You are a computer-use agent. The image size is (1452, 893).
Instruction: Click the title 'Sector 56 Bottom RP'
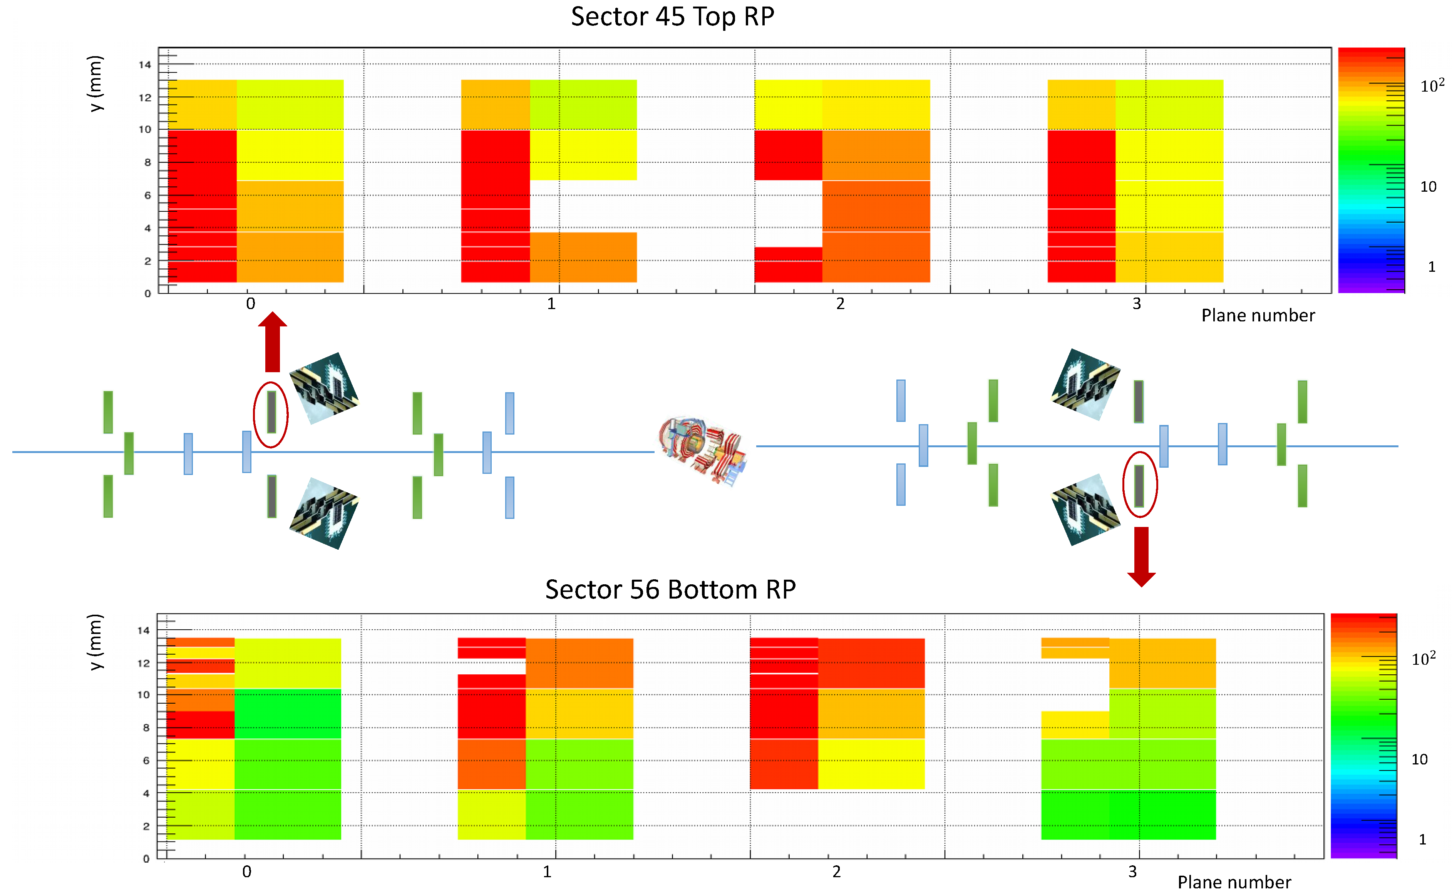[670, 589]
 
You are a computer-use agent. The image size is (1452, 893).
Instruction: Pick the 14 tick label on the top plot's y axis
[145, 65]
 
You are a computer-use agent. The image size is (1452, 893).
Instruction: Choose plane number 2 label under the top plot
[840, 304]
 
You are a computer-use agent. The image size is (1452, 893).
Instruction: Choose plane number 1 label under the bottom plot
[547, 872]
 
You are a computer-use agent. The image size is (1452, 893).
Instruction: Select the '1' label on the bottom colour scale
[1422, 839]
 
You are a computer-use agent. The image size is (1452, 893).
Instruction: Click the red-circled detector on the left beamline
[271, 413]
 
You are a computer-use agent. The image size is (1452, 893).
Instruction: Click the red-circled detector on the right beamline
[1139, 485]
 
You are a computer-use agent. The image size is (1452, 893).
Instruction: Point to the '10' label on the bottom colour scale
[1420, 759]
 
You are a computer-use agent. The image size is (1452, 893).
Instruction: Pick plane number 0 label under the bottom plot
[247, 872]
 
